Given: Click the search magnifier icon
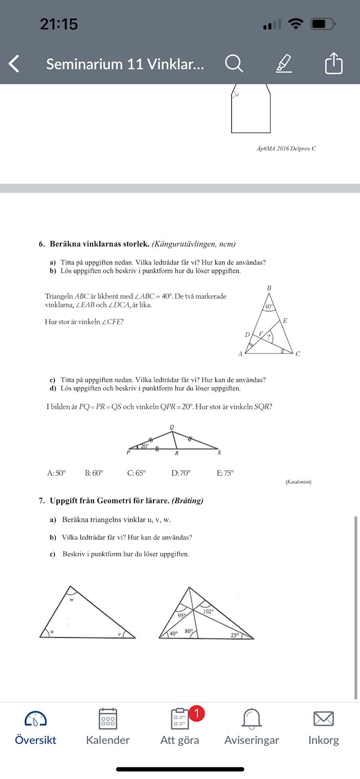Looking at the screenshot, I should (x=234, y=63).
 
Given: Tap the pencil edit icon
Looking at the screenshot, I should (x=284, y=63).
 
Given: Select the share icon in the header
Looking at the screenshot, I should (x=334, y=63).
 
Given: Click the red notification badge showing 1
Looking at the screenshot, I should (x=196, y=714).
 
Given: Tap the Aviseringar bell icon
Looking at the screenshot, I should (x=251, y=719).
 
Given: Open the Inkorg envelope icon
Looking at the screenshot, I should (x=323, y=719).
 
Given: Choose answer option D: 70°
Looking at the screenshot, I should (x=181, y=473).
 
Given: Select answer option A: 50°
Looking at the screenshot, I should (x=57, y=473).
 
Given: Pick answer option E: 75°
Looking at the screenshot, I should (x=225, y=473).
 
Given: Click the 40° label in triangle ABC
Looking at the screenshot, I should (x=268, y=307).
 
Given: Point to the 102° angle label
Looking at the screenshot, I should (x=208, y=611).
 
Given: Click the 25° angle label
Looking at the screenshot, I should (x=235, y=635).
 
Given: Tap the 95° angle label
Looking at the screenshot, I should (x=182, y=615).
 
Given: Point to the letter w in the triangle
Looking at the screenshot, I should (x=72, y=599).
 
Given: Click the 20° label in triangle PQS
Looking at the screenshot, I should (x=145, y=445).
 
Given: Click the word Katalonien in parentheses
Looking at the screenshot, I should (x=298, y=482).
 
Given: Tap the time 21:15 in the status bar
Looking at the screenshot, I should (x=59, y=24).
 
